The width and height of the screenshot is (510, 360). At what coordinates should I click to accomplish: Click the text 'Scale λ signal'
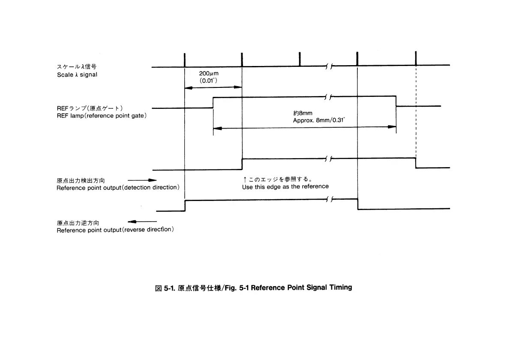77,75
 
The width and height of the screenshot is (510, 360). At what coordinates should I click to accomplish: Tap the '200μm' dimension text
209,73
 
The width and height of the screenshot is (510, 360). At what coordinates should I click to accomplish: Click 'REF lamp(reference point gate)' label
102,116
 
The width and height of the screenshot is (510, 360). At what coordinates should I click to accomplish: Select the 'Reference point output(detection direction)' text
117,188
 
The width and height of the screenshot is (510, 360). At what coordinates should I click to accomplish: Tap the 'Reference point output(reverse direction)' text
115,230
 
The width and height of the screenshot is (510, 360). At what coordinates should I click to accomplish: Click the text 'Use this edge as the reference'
285,186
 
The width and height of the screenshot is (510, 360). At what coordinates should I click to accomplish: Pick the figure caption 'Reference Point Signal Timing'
301,287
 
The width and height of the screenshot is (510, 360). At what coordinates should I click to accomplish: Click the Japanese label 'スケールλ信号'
77,67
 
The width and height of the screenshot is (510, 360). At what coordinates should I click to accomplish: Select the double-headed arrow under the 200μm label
213,87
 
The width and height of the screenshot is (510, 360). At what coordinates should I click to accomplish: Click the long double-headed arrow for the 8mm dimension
304,127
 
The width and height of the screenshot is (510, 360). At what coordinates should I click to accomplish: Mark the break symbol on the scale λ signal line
329,66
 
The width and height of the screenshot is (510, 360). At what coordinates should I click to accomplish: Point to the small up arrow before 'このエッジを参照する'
244,180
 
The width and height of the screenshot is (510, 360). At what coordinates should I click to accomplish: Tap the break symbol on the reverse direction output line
329,199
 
